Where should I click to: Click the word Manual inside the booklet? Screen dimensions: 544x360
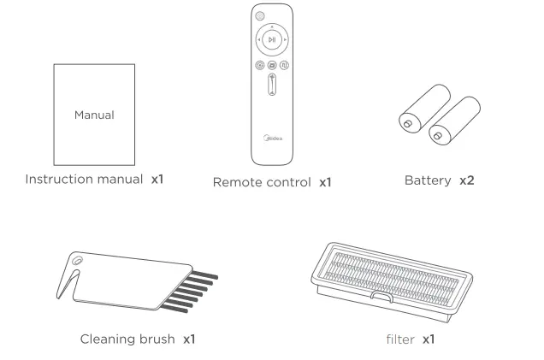click(94, 114)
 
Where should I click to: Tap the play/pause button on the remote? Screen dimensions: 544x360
click(272, 39)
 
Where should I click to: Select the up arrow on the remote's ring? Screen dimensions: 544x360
click(272, 26)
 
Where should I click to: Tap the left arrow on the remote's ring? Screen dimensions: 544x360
click(257, 39)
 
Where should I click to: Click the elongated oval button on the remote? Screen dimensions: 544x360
click(272, 89)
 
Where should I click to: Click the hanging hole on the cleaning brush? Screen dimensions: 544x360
click(79, 259)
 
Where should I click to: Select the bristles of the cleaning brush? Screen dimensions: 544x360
click(192, 292)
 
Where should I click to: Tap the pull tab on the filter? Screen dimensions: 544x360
click(381, 298)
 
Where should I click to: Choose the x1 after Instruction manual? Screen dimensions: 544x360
click(157, 180)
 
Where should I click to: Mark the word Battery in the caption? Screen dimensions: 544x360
click(429, 181)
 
